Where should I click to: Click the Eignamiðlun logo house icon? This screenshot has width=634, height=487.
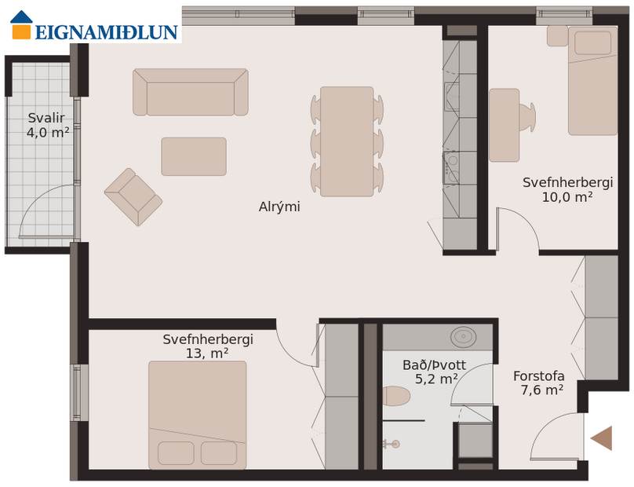click(x=21, y=25)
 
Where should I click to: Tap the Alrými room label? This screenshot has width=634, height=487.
click(x=279, y=207)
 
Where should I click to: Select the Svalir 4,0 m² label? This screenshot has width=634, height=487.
click(x=47, y=126)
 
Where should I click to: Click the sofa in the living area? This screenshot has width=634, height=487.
click(x=191, y=93)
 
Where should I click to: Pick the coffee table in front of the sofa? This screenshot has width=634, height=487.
click(x=194, y=156)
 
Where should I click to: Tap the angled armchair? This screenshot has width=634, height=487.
click(x=133, y=196)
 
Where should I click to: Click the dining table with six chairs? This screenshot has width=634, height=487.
click(x=346, y=141)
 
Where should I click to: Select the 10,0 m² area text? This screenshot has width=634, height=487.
click(x=567, y=197)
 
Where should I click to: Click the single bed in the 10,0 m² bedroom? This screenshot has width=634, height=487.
click(x=592, y=80)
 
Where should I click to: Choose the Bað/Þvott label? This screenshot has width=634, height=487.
click(x=434, y=365)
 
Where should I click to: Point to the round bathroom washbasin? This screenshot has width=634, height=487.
click(x=464, y=337)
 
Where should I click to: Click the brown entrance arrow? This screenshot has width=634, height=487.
click(x=602, y=438)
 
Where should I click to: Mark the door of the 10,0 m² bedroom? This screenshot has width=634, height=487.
click(x=518, y=229)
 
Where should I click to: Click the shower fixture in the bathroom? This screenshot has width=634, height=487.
click(x=390, y=443)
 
